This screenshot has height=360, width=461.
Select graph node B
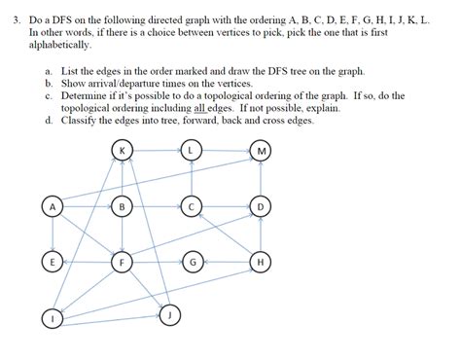click(122, 206)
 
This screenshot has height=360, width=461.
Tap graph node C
click(193, 206)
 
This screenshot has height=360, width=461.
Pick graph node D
click(261, 206)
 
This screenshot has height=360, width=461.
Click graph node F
click(122, 262)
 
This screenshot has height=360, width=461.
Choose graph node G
click(193, 262)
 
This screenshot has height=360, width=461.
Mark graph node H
click(261, 262)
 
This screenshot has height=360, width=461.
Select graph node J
click(169, 314)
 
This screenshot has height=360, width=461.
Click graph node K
click(122, 151)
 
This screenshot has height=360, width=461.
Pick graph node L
click(193, 151)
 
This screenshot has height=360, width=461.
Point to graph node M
click(261, 151)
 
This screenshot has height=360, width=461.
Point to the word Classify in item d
click(81, 122)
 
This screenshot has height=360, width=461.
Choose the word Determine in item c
click(86, 96)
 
